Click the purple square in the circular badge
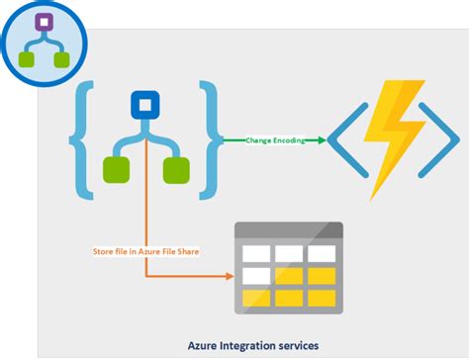point(43,22)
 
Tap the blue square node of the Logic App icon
point(145,105)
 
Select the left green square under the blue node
point(114,169)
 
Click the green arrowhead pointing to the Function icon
point(322,141)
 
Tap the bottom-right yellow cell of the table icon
point(323,297)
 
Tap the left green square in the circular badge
point(27,60)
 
